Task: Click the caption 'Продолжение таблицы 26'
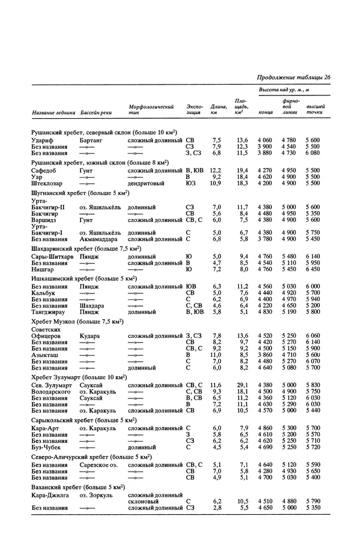(294, 77)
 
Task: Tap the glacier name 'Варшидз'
(44, 220)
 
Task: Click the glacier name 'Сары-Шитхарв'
(52, 257)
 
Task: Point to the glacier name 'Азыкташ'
(44, 355)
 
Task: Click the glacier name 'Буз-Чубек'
(46, 446)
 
